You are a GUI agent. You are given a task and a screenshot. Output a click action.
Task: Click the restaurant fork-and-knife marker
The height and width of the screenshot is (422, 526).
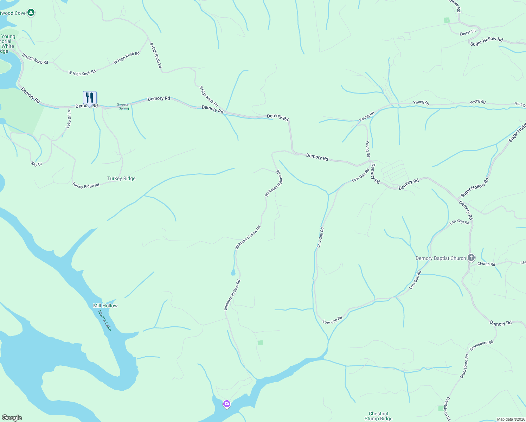pos(90,98)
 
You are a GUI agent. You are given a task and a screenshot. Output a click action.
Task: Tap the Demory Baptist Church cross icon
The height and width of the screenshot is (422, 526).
pos(471,258)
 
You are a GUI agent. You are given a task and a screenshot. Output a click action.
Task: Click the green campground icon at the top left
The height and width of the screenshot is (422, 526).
pos(31,13)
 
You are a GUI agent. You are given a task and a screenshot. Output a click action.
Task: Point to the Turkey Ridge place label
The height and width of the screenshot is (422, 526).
pos(121,178)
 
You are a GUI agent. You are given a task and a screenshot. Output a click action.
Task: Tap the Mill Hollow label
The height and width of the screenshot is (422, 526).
pos(105,306)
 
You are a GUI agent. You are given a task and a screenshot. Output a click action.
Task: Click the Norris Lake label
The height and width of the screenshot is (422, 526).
pos(105,320)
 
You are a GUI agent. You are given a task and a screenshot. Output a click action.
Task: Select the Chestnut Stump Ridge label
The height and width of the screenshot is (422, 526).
pos(379,416)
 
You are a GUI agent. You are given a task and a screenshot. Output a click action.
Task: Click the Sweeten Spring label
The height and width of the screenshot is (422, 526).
pos(124,106)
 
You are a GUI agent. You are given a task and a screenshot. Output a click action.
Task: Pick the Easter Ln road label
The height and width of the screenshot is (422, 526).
pos(468,33)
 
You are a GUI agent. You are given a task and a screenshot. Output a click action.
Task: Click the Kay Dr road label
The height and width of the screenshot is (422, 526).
pos(36,164)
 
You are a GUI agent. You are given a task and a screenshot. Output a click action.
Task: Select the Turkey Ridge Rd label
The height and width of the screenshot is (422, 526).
pos(86,185)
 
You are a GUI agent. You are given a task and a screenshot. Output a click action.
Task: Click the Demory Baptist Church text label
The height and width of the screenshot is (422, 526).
pos(441,258)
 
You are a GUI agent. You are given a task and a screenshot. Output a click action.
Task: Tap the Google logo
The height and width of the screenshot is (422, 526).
pos(12,418)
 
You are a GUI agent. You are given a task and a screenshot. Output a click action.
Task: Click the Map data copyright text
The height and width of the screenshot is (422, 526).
pos(510,419)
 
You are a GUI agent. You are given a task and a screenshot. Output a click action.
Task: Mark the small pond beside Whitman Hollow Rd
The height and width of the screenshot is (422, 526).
pos(233,272)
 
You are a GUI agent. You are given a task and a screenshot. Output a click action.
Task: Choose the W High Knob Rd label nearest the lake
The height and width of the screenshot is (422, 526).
pos(35,59)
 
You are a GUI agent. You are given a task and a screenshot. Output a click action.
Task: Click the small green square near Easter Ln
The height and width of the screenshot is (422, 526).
pos(447,20)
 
